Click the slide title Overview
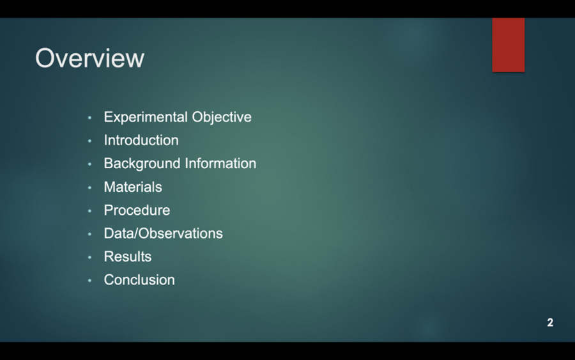click(89, 58)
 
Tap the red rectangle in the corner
click(508, 45)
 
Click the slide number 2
click(550, 322)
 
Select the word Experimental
click(146, 117)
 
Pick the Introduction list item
click(141, 140)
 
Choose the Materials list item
click(133, 187)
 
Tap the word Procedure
click(137, 210)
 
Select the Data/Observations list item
click(163, 233)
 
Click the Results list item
click(128, 256)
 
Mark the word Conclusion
click(139, 280)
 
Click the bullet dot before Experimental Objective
click(90, 118)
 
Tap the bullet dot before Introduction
click(90, 141)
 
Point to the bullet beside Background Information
click(90, 164)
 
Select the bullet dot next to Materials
click(90, 187)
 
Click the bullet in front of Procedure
click(90, 211)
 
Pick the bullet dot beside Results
click(90, 257)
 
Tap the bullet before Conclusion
click(90, 281)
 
